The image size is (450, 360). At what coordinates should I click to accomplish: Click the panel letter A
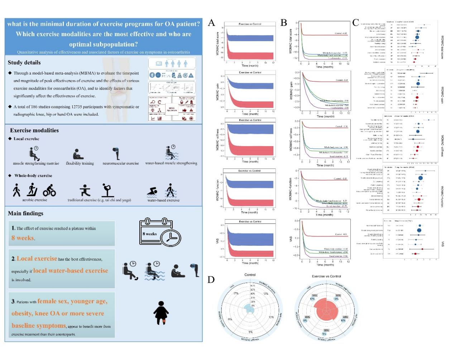click(x=212, y=23)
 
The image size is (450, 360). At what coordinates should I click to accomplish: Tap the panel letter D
click(x=211, y=279)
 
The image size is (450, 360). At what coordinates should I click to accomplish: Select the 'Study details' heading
click(x=24, y=62)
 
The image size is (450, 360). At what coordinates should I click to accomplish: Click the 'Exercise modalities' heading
click(x=34, y=130)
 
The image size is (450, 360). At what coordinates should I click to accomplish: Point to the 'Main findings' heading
click(x=25, y=213)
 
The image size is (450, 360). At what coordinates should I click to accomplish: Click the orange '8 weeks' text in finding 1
click(x=23, y=238)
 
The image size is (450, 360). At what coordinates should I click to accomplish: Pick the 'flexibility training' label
click(x=80, y=163)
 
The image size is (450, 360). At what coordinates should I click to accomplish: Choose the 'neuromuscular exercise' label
click(x=120, y=163)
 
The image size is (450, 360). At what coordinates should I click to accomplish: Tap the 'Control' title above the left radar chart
click(x=250, y=275)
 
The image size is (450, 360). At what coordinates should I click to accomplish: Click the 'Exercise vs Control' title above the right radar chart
click(x=326, y=276)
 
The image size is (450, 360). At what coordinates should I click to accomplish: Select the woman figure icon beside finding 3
click(x=161, y=313)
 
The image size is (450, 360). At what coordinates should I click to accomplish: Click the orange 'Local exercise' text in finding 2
click(x=37, y=259)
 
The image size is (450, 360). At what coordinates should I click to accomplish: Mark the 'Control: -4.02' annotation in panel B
click(x=340, y=33)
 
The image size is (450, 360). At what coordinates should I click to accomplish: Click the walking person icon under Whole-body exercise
click(x=16, y=190)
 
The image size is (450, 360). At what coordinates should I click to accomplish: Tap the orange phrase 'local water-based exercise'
click(x=71, y=271)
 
